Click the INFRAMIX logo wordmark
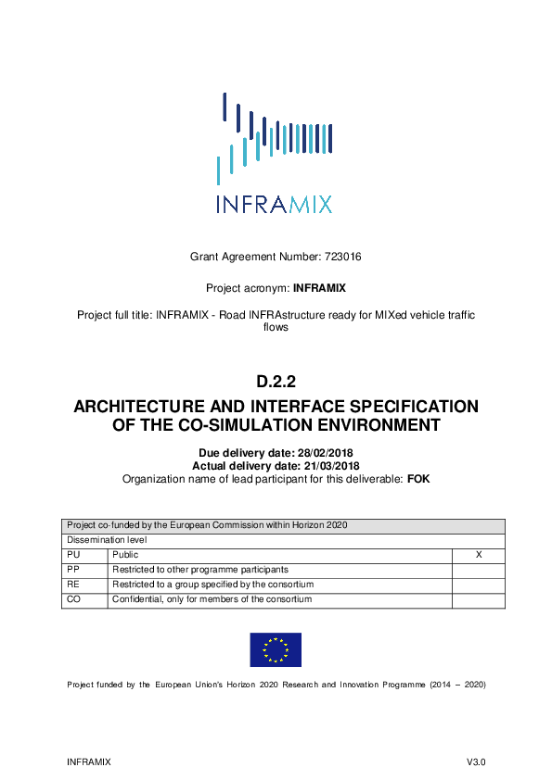[x=275, y=204]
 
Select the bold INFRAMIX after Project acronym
[x=319, y=288]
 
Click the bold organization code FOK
[x=418, y=479]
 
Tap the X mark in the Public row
[x=478, y=554]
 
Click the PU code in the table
[x=74, y=554]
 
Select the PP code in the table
[x=74, y=569]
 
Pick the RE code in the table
[x=74, y=585]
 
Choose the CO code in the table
[x=74, y=599]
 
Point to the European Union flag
[x=275, y=649]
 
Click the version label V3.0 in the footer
[x=476, y=761]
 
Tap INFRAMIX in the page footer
[x=89, y=761]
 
